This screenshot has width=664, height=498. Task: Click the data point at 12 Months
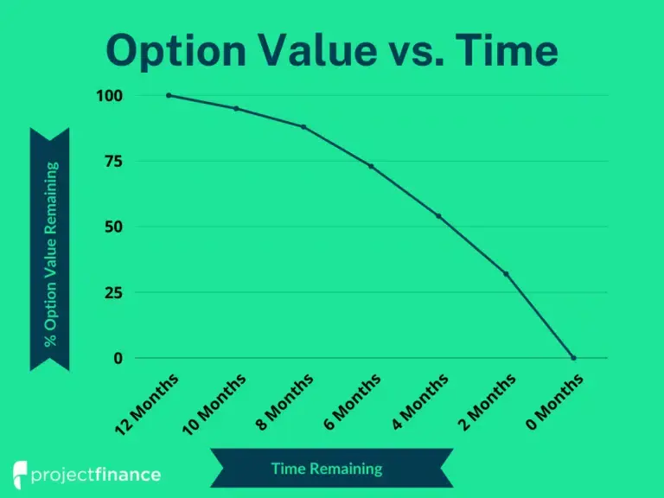(169, 95)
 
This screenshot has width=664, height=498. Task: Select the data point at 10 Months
(236, 108)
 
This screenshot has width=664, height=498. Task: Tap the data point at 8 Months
(303, 126)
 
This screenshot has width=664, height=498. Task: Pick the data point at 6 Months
(372, 166)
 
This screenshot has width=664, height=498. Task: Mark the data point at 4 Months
(438, 216)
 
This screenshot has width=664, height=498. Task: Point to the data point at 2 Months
(506, 274)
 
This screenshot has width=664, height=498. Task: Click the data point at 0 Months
(573, 358)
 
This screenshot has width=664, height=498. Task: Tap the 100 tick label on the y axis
(110, 96)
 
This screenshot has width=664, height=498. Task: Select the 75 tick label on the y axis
(113, 162)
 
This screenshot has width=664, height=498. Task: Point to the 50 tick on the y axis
(113, 227)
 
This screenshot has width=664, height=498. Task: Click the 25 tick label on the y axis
(113, 292)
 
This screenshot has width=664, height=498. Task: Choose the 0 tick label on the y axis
(118, 358)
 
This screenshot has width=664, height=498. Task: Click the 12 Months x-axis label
(147, 405)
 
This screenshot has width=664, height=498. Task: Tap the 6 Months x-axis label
(352, 402)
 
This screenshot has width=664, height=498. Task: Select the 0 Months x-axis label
(554, 402)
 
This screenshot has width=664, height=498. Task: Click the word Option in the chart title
(176, 51)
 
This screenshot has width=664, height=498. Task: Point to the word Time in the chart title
(507, 49)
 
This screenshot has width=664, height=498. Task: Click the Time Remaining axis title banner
(332, 468)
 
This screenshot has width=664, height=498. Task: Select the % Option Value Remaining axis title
(50, 254)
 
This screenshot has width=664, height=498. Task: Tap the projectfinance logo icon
(20, 475)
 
